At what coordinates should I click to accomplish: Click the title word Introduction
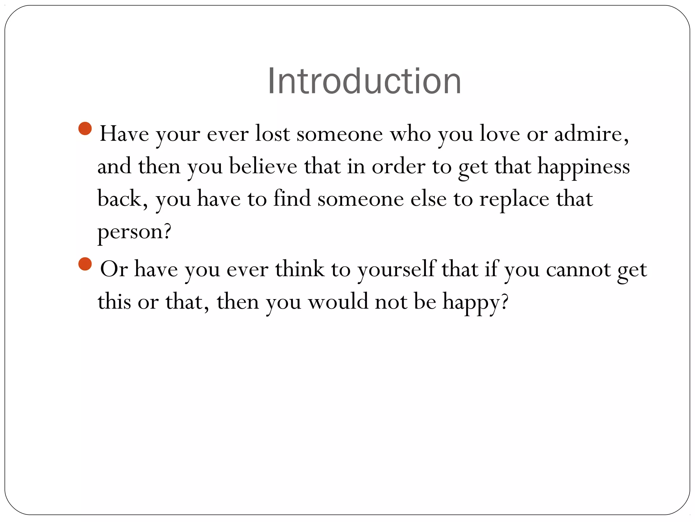tap(364, 82)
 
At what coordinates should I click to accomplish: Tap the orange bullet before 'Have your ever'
tap(85, 128)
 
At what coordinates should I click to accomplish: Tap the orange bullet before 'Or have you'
tap(85, 264)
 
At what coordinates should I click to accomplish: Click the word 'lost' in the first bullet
tap(273, 134)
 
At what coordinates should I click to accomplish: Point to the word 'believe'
tap(263, 166)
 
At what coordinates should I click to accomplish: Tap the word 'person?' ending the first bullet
tap(134, 232)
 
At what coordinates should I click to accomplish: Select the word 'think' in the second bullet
tap(300, 269)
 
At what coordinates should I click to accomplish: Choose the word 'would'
tap(338, 301)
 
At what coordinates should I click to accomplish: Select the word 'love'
tap(500, 134)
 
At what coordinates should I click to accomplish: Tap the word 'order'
tap(398, 166)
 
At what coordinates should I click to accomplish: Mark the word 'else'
tap(429, 199)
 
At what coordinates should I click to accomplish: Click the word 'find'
tap(292, 198)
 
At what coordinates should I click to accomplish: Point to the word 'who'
tap(410, 134)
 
